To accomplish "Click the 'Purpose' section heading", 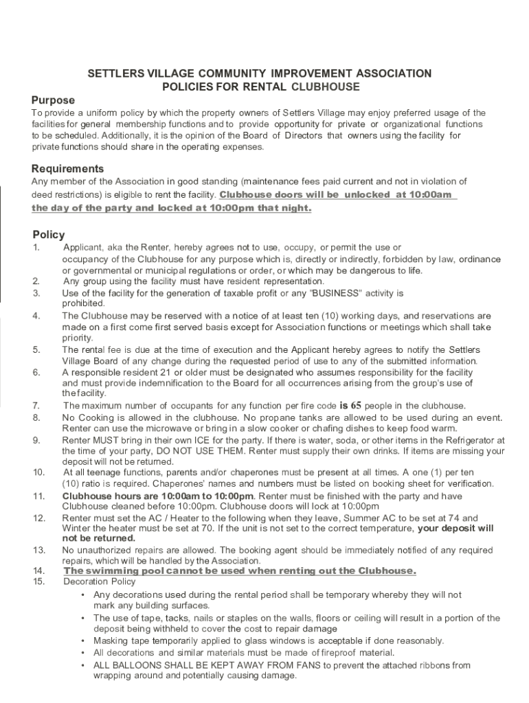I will click(x=53, y=100).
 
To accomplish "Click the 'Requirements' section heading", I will click(x=68, y=169).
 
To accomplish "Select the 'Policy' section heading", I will click(x=49, y=235).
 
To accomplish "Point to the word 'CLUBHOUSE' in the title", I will click(x=326, y=87).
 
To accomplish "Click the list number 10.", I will click(x=38, y=472).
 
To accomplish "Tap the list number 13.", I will click(x=38, y=551).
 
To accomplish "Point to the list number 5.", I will click(x=36, y=350).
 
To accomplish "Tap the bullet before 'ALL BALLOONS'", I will click(x=82, y=665).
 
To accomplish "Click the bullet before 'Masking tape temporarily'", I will click(x=82, y=641).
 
